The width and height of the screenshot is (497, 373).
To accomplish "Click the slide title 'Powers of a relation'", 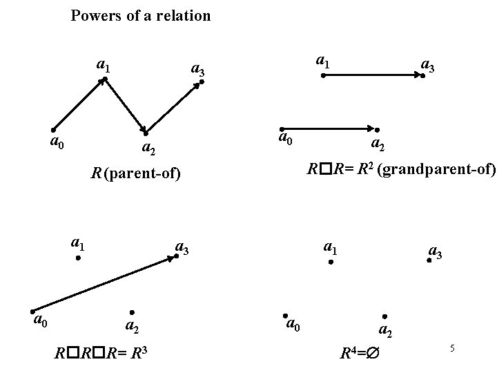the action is pos(141,15).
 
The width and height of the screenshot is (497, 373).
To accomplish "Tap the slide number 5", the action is pos(452,348).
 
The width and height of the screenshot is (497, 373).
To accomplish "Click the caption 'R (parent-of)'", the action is pos(135,173).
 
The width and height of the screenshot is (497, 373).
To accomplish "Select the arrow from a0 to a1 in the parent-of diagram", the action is pos(78,104).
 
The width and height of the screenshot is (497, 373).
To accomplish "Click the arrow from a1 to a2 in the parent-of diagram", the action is pos(125,106).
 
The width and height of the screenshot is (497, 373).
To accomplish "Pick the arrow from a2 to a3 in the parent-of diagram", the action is pos(173,107).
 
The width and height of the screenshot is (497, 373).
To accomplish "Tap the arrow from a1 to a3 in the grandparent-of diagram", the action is pos(373,75).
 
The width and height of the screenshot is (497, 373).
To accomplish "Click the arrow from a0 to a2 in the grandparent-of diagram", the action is pos(329,128).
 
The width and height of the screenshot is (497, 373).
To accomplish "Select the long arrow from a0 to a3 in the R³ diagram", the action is pos(104,283).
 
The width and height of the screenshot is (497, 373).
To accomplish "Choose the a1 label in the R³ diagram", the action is pos(77,243).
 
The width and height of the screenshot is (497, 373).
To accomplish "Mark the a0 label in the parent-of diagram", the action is pos(58,142).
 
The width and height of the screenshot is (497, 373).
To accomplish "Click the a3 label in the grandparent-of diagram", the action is pos(429,66).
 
